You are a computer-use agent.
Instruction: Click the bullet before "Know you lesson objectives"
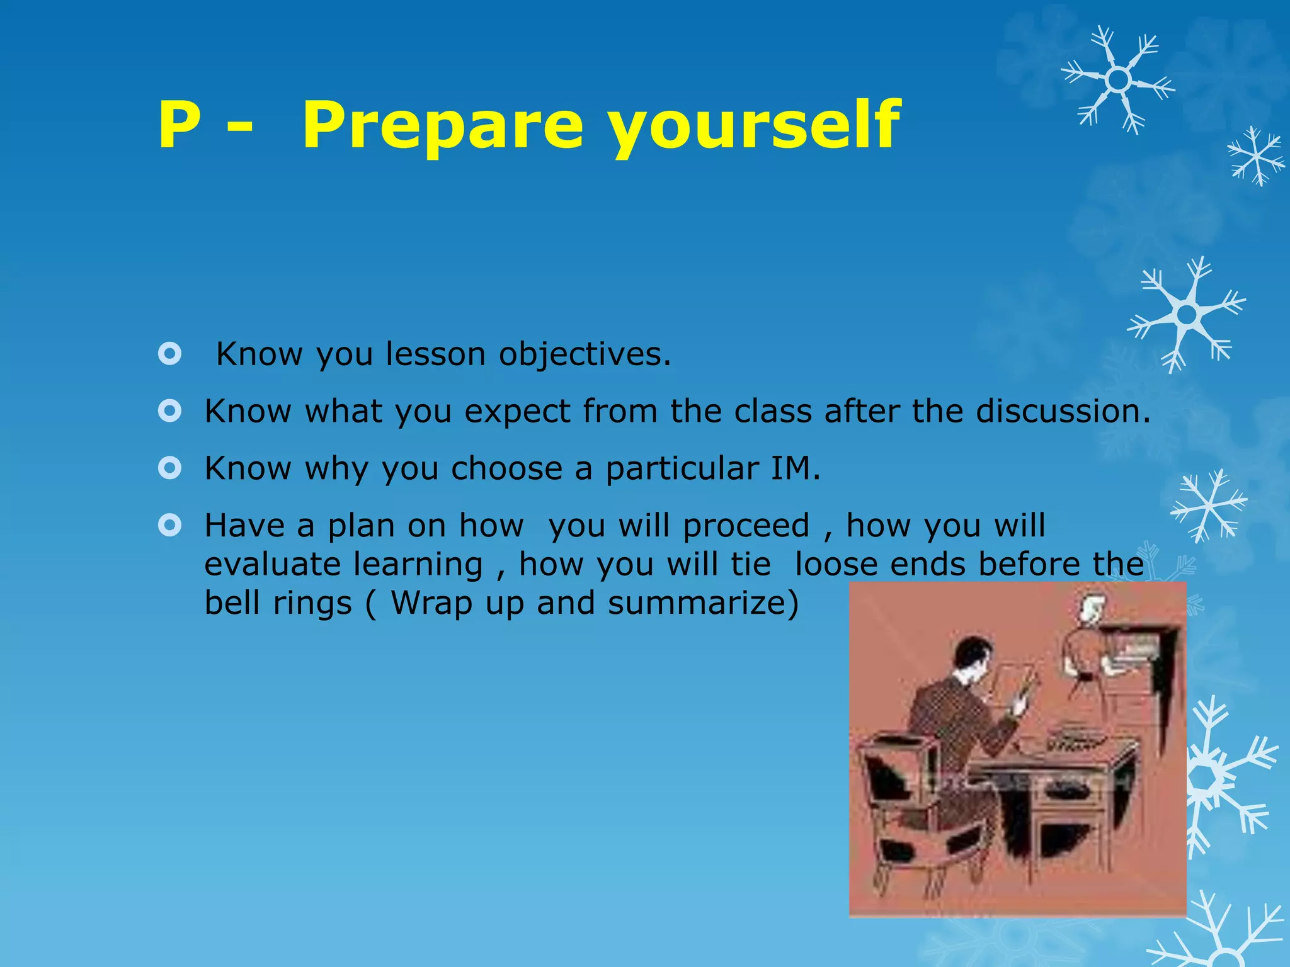(x=170, y=354)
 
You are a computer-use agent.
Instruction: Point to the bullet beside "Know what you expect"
(x=170, y=412)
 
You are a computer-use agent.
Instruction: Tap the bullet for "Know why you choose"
(x=170, y=468)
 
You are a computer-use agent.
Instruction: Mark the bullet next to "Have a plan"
(x=170, y=525)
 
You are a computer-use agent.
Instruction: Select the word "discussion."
(x=1063, y=411)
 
